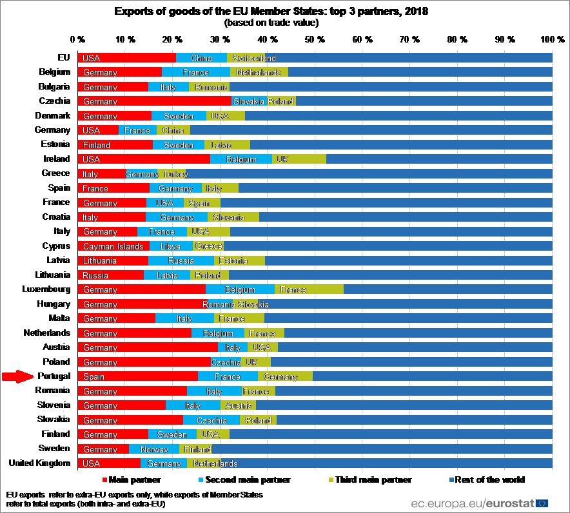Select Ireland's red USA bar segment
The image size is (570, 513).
pyautogui.click(x=143, y=159)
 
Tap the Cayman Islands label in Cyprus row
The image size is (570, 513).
pyautogui.click(x=108, y=246)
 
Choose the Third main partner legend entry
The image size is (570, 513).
pyautogui.click(x=369, y=479)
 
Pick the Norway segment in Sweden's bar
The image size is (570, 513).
pyautogui.click(x=154, y=449)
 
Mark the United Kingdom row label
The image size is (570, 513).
pyautogui.click(x=40, y=463)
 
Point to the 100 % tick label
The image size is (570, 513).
pyautogui.click(x=552, y=40)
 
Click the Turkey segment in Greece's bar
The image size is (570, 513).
pyautogui.click(x=172, y=174)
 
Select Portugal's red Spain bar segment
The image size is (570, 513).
pyautogui.click(x=137, y=376)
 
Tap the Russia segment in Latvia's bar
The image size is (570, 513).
pyautogui.click(x=181, y=261)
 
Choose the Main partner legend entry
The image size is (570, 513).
pyautogui.click(x=132, y=479)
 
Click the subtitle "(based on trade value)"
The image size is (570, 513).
pyautogui.click(x=271, y=23)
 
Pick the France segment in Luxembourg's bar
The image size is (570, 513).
pyautogui.click(x=309, y=290)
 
